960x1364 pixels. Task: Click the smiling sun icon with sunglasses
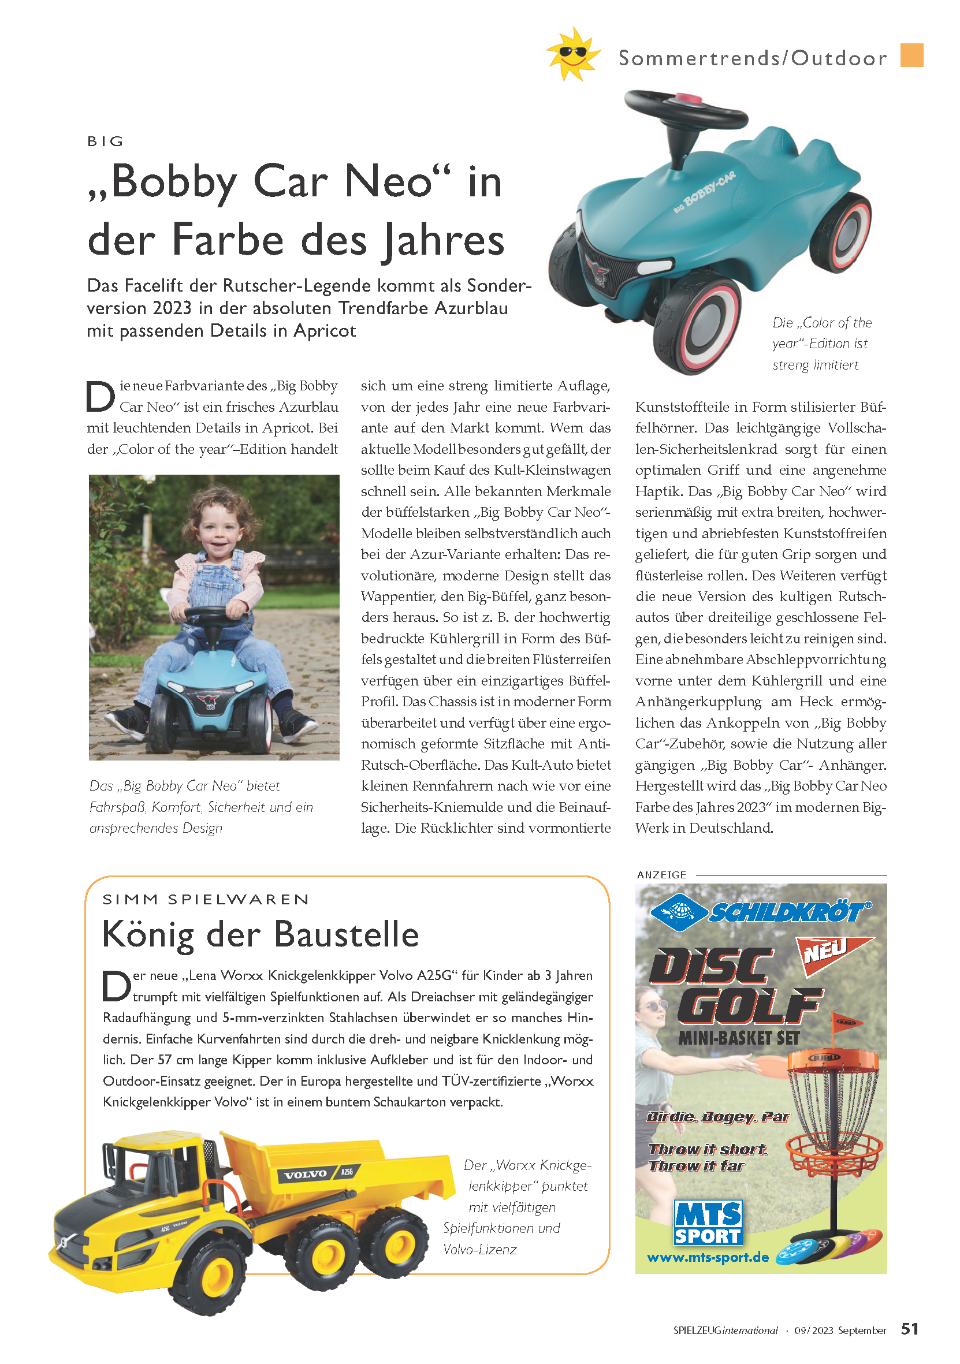(572, 54)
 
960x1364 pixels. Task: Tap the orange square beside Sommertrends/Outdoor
(911, 55)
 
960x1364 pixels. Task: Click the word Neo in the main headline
(388, 181)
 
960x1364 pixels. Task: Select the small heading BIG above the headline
(106, 141)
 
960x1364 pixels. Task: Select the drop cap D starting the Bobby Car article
(101, 396)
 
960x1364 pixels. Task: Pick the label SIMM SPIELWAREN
(206, 900)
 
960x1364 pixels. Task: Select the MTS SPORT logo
(708, 1223)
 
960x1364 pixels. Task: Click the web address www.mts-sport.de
(708, 1258)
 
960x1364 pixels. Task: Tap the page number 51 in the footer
(910, 1329)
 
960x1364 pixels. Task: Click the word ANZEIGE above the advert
(661, 875)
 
